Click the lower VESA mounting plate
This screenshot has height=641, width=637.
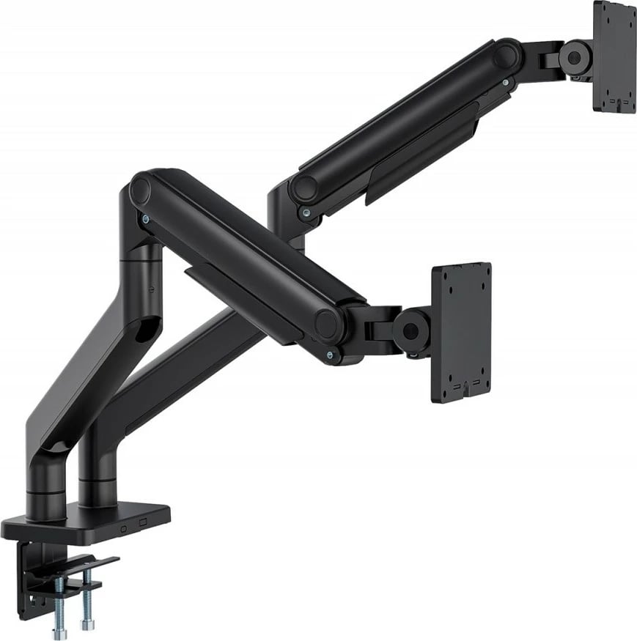[461, 333]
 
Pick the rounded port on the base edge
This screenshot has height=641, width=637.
[124, 525]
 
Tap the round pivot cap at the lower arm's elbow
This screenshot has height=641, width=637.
[140, 190]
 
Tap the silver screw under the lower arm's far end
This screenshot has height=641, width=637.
[334, 356]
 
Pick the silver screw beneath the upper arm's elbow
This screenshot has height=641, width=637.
[306, 213]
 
